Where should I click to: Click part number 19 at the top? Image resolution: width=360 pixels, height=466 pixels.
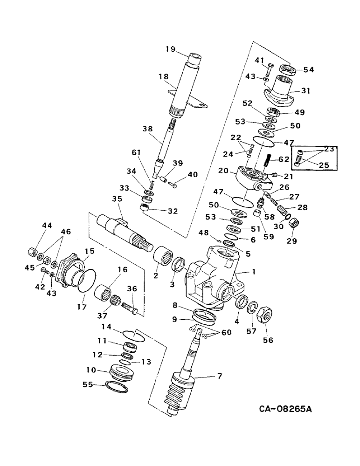point(169,49)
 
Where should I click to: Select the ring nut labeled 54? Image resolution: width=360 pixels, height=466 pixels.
point(289,69)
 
